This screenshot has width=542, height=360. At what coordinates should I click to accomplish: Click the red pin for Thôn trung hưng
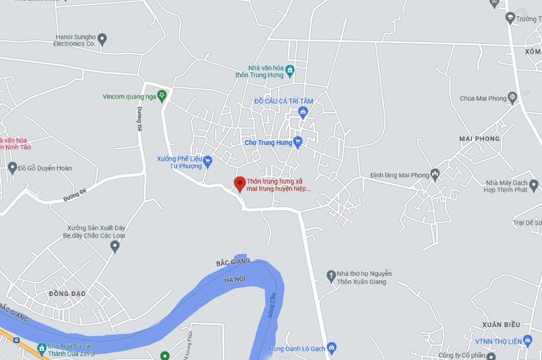pyautogui.click(x=240, y=183)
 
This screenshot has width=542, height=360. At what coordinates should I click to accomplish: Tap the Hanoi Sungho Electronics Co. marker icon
pyautogui.click(x=102, y=40)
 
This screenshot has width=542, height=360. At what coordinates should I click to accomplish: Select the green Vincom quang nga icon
pyautogui.click(x=162, y=96)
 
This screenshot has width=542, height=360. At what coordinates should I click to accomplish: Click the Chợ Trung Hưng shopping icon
pyautogui.click(x=298, y=143)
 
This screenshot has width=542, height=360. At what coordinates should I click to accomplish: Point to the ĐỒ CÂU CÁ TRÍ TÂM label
pyautogui.click(x=283, y=101)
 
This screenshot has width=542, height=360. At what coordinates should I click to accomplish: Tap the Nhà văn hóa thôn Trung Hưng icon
pyautogui.click(x=290, y=71)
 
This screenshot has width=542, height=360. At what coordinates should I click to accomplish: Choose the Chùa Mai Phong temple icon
pyautogui.click(x=512, y=97)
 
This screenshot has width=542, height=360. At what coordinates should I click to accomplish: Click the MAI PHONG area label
pyautogui.click(x=479, y=139)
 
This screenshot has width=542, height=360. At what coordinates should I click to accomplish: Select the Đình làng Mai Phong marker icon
pyautogui.click(x=435, y=175)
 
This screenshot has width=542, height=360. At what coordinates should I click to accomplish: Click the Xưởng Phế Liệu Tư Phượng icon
pyautogui.click(x=207, y=161)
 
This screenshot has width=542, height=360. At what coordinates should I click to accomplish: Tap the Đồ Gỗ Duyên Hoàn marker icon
pyautogui.click(x=12, y=168)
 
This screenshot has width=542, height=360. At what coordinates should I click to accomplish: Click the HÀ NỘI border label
pyautogui.click(x=235, y=279)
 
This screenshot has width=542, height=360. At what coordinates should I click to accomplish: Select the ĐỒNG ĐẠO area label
pyautogui.click(x=67, y=294)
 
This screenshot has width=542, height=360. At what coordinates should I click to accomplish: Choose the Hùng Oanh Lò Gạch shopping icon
pyautogui.click(x=332, y=348)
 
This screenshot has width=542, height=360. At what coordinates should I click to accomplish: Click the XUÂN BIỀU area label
pyautogui.click(x=500, y=325)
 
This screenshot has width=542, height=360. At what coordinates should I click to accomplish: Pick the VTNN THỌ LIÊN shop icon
pyautogui.click(x=528, y=341)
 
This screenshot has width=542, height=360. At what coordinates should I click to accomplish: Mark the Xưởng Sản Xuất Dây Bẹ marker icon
pyautogui.click(x=115, y=246)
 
